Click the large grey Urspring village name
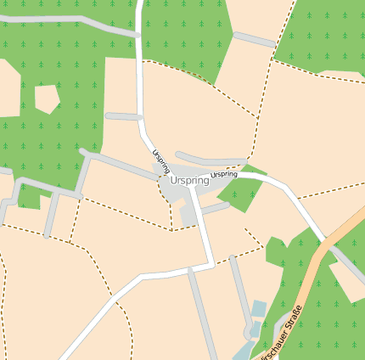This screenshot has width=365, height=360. (189, 181)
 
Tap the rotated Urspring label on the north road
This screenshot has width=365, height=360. (161, 161)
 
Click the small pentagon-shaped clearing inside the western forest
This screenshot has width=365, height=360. (46, 98)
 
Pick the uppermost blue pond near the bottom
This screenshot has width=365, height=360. (259, 307)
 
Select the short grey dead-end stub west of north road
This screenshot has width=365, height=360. (123, 116)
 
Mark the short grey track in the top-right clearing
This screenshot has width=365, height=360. (254, 39)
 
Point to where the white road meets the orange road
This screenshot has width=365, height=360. (324, 240)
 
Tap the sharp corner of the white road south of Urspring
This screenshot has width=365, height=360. (211, 264)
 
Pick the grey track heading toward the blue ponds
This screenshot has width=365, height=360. (241, 293)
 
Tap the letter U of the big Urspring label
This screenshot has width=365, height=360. (173, 181)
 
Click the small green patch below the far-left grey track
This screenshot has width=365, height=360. (31, 200)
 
